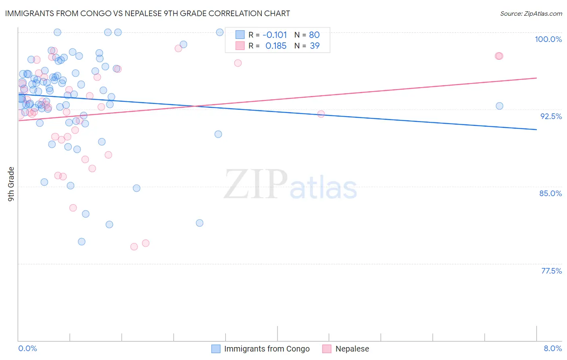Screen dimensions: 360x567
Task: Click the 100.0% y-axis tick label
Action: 548,39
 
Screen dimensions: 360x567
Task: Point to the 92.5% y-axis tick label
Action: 551,116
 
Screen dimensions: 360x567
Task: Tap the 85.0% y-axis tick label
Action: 550,193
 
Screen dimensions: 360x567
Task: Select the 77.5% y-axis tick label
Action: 551,271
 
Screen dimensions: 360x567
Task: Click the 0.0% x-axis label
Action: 27,348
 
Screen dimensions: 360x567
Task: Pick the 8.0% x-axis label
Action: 552,348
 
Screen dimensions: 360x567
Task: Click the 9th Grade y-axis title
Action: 11,184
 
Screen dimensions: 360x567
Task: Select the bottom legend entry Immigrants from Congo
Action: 267,349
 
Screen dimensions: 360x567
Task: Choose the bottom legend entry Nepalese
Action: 352,349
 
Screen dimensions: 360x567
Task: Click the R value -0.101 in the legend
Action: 275,35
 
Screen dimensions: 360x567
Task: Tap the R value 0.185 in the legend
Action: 276,46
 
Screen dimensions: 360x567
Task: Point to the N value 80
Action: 314,35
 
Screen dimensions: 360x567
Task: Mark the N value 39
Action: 315,46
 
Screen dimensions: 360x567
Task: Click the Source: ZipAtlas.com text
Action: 531,14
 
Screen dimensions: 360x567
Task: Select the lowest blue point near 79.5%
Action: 81,242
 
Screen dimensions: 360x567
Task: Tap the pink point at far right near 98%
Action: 499,56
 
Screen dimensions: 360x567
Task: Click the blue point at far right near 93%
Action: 499,106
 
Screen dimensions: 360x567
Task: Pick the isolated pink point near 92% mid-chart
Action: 321,114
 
